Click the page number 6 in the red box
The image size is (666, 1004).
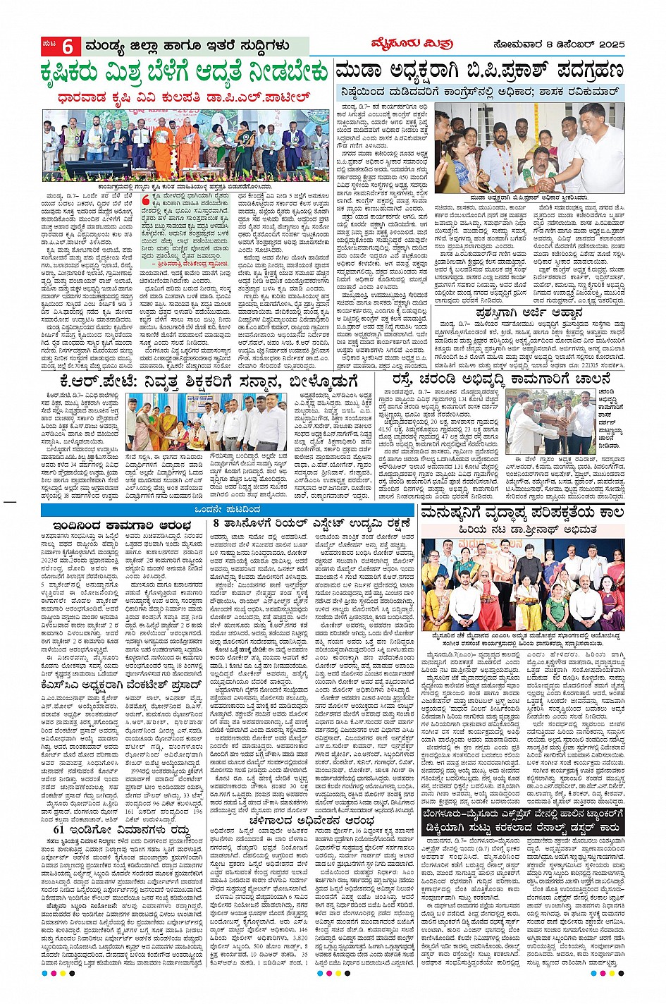coord(68,47)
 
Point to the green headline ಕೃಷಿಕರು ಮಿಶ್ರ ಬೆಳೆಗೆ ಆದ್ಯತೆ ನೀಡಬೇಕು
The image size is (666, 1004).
coord(184,73)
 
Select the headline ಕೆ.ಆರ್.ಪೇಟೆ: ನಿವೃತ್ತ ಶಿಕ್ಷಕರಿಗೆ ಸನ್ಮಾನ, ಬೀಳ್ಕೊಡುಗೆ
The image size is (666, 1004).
coord(197,381)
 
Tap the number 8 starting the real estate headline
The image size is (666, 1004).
coord(217,524)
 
